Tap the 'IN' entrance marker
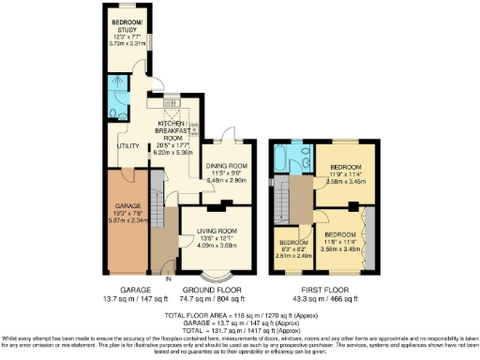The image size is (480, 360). point(169,278)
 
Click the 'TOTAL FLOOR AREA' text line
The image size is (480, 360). point(241,315)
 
